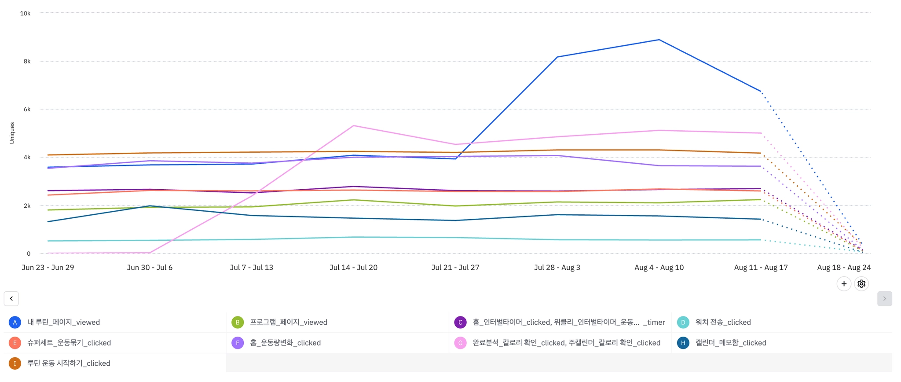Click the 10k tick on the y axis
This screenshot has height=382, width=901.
[x=25, y=14]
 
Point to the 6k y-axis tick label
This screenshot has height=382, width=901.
[x=27, y=110]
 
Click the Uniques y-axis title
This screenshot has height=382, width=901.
[x=12, y=133]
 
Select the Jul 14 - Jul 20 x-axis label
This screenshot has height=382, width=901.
[x=353, y=268]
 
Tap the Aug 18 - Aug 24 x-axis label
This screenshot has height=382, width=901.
[x=844, y=268]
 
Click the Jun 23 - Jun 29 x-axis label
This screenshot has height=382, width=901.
[x=48, y=268]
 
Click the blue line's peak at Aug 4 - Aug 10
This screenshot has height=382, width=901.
[x=659, y=40]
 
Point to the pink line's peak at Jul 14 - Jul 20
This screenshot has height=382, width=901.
[x=354, y=126]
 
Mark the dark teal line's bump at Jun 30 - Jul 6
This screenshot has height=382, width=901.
[x=150, y=206]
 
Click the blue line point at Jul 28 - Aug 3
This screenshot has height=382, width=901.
[x=557, y=57]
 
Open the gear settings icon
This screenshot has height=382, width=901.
[x=861, y=284]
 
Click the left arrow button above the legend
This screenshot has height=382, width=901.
[x=11, y=299]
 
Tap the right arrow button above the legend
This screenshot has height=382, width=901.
[x=884, y=299]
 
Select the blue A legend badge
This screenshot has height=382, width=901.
[x=15, y=323]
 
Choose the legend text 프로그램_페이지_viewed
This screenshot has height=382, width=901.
[x=289, y=323]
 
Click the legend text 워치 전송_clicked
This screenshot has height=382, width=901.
[x=723, y=323]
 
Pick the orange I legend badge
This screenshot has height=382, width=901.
[x=15, y=364]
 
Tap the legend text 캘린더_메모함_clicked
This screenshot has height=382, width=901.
[x=730, y=343]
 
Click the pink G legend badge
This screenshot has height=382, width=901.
[x=460, y=343]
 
